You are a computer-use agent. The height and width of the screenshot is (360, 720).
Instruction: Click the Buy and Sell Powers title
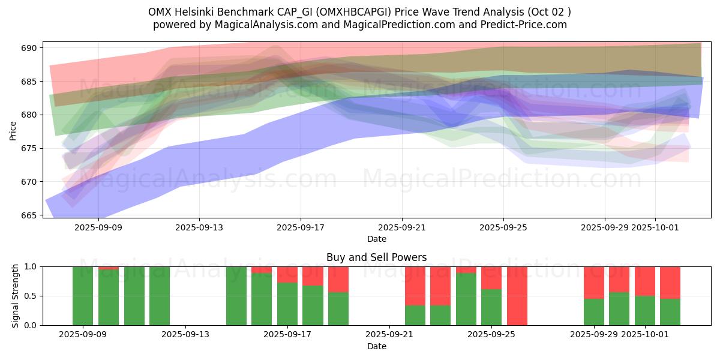(376, 257)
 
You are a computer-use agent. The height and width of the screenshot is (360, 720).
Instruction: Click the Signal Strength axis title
(16, 296)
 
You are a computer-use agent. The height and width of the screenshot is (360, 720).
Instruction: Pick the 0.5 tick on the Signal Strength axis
(29, 296)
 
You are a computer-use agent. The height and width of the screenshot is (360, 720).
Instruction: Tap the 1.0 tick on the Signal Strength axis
(29, 266)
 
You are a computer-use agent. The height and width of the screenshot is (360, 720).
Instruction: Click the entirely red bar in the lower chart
(517, 296)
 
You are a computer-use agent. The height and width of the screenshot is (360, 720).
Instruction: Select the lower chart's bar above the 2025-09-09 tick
(83, 296)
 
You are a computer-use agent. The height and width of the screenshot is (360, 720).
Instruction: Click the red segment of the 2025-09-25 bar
(491, 278)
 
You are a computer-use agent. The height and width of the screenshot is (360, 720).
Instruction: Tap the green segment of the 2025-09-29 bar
(594, 312)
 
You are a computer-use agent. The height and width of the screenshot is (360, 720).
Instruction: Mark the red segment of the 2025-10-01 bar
(645, 281)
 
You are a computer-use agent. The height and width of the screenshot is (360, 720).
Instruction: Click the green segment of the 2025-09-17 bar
(287, 304)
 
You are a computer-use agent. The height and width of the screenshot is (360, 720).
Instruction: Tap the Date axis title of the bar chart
(376, 346)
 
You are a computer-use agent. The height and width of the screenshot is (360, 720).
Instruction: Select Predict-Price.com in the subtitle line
(527, 25)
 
